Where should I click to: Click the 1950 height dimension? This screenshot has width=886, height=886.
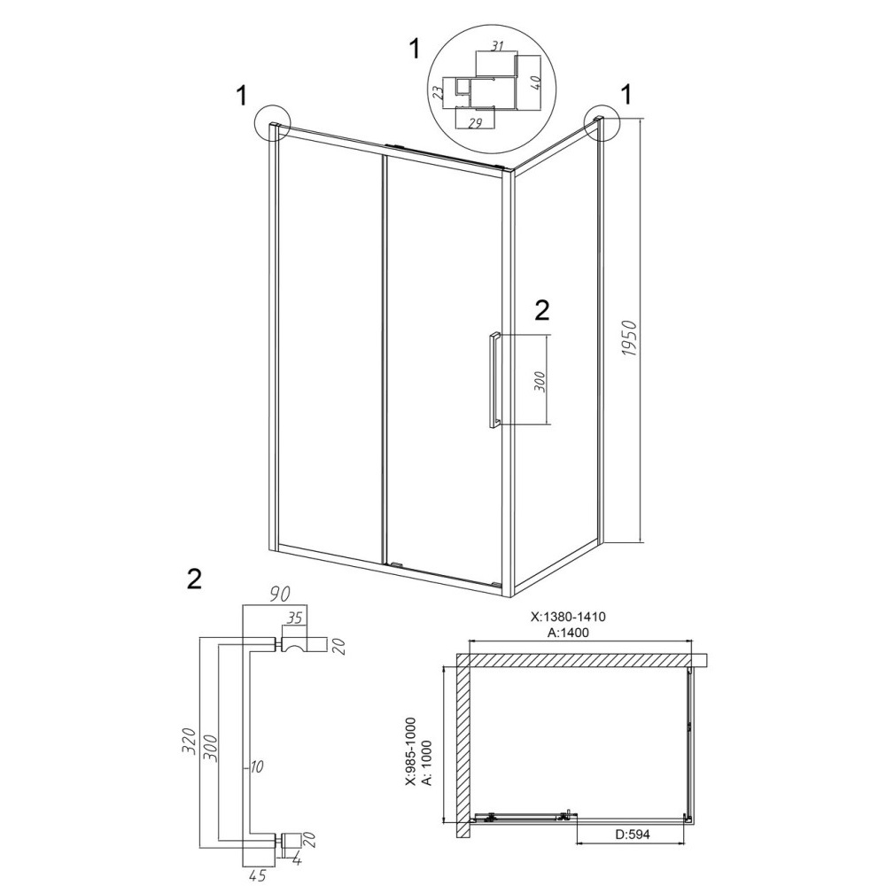[630, 338]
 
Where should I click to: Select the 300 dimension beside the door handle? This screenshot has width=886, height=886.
[539, 383]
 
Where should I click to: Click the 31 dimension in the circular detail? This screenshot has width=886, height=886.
[497, 47]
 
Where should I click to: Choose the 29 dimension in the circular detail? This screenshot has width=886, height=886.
[475, 123]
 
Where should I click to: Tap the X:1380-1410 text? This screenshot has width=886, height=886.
[568, 617]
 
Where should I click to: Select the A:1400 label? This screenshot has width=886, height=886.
[568, 633]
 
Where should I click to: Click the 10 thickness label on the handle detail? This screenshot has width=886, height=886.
[257, 766]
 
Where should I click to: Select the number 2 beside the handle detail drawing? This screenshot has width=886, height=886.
[194, 579]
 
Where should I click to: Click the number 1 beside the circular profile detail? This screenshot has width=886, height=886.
[414, 49]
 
